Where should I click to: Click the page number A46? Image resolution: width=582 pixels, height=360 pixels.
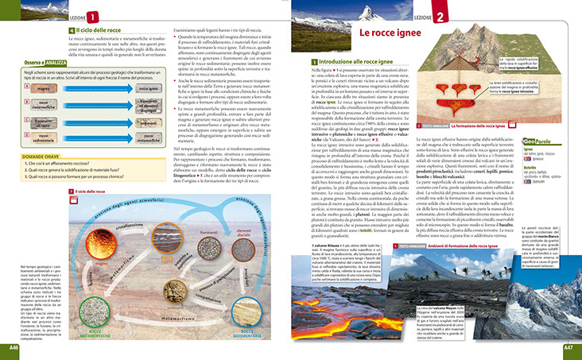14,347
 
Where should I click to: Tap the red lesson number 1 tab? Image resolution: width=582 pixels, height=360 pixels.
95,17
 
